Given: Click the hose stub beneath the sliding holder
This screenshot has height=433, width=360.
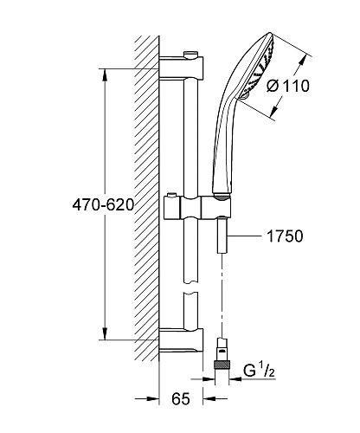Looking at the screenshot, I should coord(223,236).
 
